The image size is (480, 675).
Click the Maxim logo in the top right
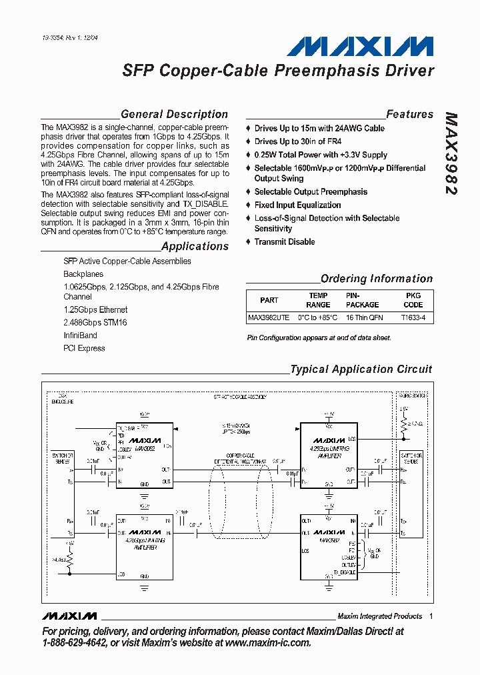click(360, 46)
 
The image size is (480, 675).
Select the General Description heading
click(174, 114)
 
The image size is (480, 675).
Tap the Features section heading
click(409, 114)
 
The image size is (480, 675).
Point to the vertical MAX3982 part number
click(451, 153)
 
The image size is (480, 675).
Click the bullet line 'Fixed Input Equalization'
click(297, 205)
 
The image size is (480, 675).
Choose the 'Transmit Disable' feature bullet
click(285, 241)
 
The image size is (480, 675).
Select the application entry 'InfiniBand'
click(80, 335)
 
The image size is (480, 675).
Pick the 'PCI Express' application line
click(84, 348)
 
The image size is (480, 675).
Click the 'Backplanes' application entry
click(83, 274)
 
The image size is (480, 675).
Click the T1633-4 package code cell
click(413, 317)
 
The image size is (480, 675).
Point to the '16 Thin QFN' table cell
click(364, 317)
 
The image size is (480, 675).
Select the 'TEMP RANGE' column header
click(318, 300)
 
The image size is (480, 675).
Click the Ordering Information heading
click(376, 279)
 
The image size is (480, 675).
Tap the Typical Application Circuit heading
click(361, 369)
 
